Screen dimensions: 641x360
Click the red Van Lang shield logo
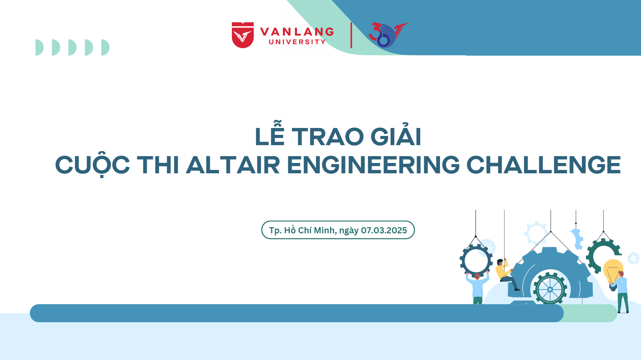point(243,35)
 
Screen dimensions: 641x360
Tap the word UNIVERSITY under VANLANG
point(297,42)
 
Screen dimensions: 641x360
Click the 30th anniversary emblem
point(388,35)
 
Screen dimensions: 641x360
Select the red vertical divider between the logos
point(351,35)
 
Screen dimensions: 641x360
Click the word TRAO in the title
point(328,137)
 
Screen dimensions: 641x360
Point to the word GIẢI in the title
point(396,134)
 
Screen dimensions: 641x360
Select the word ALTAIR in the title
point(233,165)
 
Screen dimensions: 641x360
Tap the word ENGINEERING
point(373,165)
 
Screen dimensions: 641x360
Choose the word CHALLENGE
point(544,165)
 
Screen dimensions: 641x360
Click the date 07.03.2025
point(384,230)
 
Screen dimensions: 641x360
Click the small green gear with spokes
point(550,289)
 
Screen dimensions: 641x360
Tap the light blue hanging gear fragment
point(577,239)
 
